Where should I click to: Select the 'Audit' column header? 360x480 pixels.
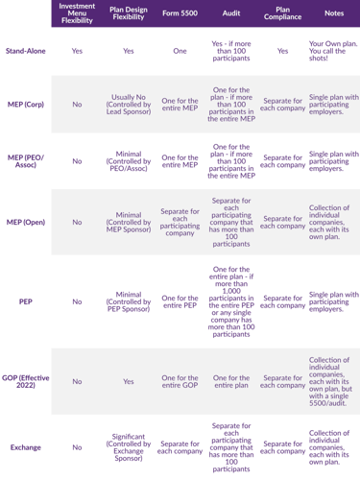coord(231,13)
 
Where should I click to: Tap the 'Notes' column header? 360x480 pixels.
coord(334,13)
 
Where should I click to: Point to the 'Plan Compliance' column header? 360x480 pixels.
coord(283,13)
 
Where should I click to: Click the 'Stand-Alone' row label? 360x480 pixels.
coord(26,48)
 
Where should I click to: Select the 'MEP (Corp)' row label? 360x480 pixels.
coord(26,103)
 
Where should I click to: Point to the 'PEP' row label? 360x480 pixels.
coord(26,300)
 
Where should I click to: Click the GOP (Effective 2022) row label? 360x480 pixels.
coord(26,381)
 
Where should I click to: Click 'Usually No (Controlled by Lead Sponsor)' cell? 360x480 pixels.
coord(129,103)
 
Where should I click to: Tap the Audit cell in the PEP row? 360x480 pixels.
coord(231,300)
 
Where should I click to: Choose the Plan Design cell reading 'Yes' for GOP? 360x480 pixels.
coord(129,381)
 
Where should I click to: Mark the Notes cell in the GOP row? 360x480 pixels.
coord(334,381)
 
